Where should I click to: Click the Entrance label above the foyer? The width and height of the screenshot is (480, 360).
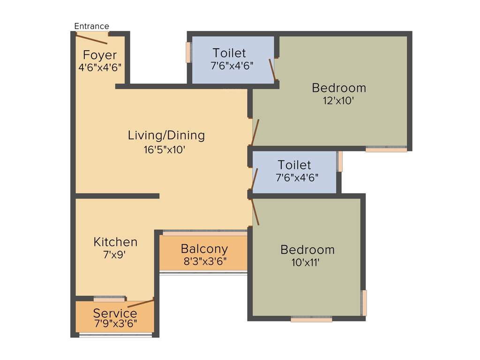pyautogui.click(x=92, y=26)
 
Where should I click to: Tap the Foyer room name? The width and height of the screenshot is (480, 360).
pyautogui.click(x=100, y=55)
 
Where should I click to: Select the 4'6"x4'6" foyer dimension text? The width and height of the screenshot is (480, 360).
pyautogui.click(x=100, y=67)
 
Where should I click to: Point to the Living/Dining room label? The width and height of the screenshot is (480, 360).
pyautogui.click(x=166, y=135)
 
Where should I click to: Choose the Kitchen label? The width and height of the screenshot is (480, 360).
pyautogui.click(x=115, y=242)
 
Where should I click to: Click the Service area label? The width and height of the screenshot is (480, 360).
pyautogui.click(x=115, y=313)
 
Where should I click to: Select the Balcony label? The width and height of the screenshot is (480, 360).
pyautogui.click(x=204, y=248)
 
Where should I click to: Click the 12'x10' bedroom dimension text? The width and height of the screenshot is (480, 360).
pyautogui.click(x=339, y=100)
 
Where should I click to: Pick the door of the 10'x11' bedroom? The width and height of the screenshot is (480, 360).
pyautogui.click(x=255, y=212)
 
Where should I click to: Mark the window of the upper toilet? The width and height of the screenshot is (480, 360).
pyautogui.click(x=188, y=52)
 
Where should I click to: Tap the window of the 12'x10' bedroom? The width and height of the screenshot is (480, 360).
pyautogui.click(x=386, y=150)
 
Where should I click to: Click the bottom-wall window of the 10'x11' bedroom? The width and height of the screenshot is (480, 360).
pyautogui.click(x=311, y=319)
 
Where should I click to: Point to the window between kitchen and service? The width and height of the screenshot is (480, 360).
pyautogui.click(x=109, y=299)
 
